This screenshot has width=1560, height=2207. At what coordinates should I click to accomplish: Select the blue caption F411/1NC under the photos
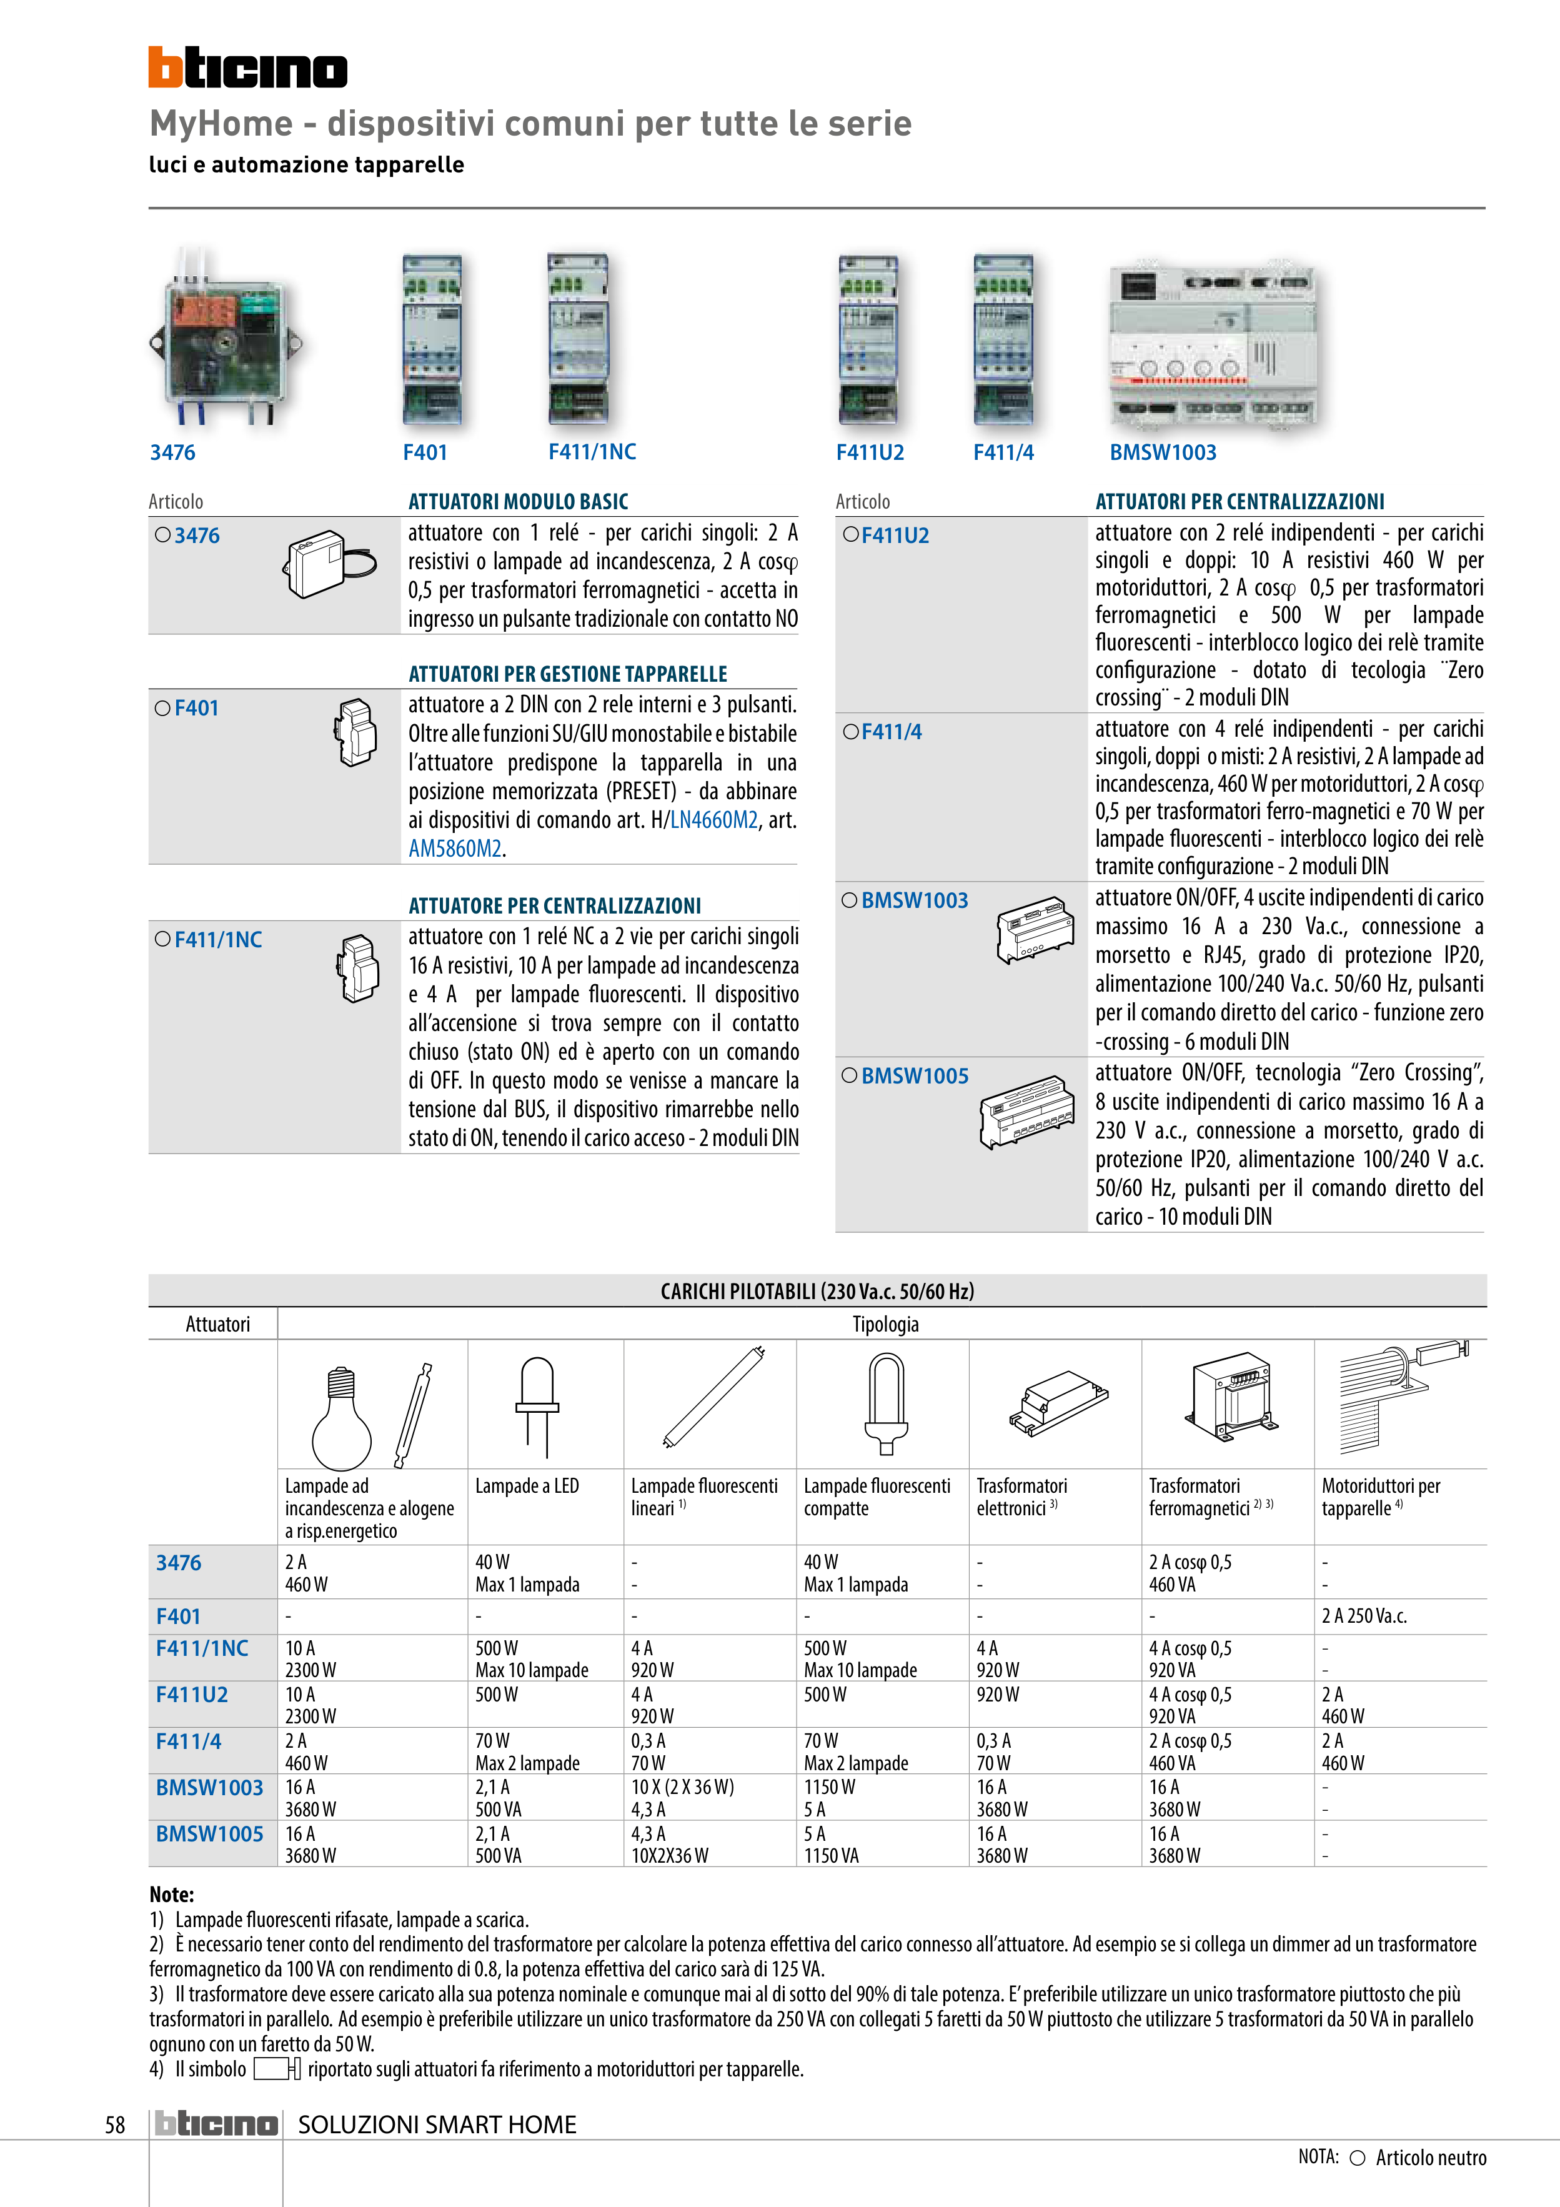(592, 452)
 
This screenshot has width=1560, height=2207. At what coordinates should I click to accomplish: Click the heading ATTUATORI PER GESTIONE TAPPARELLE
(567, 674)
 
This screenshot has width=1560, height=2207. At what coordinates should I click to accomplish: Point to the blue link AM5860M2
(455, 849)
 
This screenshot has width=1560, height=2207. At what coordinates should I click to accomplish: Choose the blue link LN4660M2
(714, 820)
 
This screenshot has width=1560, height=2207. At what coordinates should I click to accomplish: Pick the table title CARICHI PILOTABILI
(817, 1291)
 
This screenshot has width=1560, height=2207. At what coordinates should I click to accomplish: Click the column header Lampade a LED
(527, 1486)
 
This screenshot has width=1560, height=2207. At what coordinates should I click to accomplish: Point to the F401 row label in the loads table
(179, 1617)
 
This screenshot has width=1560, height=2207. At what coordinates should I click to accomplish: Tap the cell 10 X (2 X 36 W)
(682, 1787)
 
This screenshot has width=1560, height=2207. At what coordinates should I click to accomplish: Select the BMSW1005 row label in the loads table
(209, 1834)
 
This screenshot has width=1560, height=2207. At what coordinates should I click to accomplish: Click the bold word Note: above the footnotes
(172, 1895)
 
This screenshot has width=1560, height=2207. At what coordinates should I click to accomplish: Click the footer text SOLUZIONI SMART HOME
(437, 2125)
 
